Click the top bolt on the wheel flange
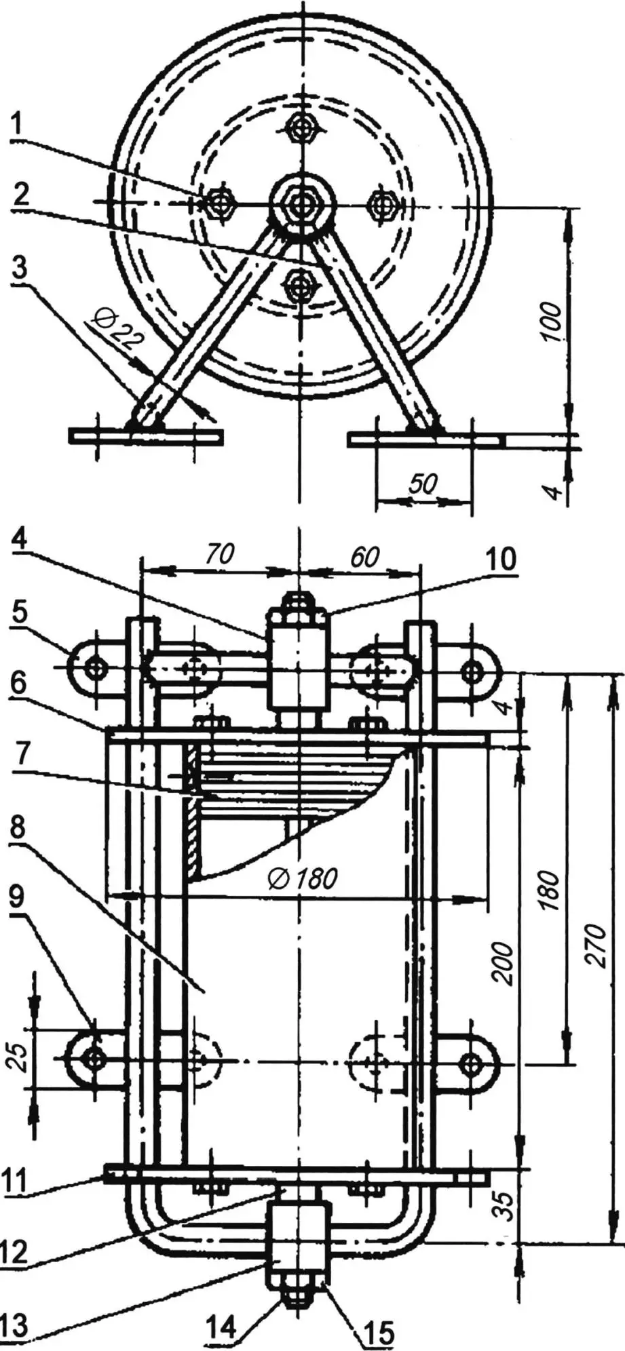(x=299, y=125)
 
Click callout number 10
(x=500, y=560)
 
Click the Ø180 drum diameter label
(x=303, y=878)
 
